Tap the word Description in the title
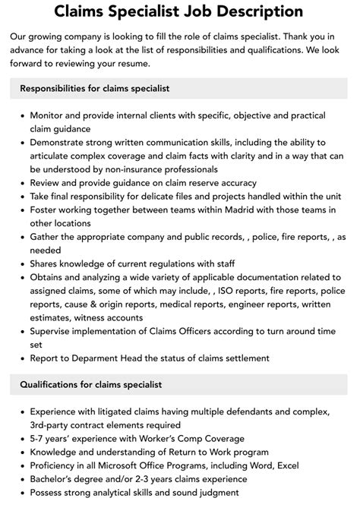254,11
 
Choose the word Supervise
55,332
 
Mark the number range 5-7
39,438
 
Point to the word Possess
50,493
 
